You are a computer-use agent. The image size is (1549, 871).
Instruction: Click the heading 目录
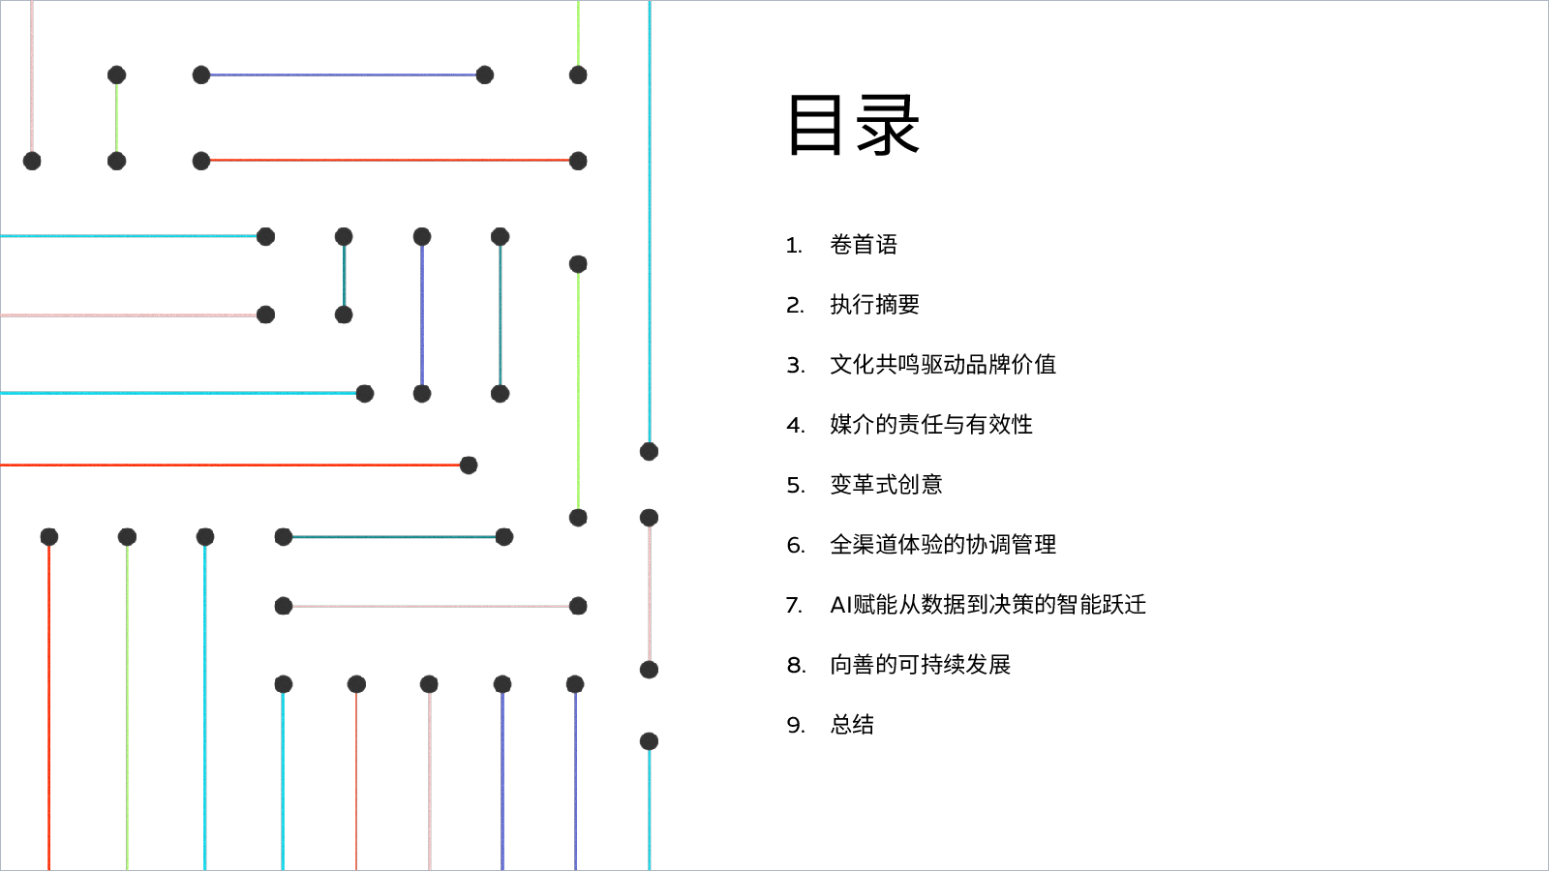(x=853, y=125)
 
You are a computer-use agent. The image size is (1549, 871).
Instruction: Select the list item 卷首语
(x=864, y=245)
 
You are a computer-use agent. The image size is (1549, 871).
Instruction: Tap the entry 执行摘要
(x=875, y=305)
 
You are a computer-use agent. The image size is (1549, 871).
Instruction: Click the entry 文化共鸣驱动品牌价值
(x=943, y=365)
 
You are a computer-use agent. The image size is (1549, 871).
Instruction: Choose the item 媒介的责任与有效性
(x=931, y=425)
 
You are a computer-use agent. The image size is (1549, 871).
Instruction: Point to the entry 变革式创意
(x=886, y=485)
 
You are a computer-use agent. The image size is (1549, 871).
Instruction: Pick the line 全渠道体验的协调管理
(x=943, y=545)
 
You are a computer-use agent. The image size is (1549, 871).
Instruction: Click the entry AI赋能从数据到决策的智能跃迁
(x=988, y=605)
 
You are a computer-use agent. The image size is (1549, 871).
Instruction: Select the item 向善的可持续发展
(x=921, y=665)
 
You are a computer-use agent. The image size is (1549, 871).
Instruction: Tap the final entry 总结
(x=852, y=725)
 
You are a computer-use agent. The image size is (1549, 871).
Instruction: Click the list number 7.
(x=795, y=606)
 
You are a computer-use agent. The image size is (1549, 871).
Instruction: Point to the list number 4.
(x=795, y=425)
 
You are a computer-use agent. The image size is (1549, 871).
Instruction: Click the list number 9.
(x=796, y=725)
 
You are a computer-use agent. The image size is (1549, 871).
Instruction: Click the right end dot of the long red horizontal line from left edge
(x=469, y=466)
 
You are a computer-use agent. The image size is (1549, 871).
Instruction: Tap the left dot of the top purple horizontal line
(x=201, y=75)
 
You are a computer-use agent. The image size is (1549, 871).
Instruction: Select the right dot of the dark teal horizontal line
(x=504, y=537)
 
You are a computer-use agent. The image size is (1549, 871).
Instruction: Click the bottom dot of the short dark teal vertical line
(x=344, y=315)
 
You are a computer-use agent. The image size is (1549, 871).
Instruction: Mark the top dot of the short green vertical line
(x=117, y=75)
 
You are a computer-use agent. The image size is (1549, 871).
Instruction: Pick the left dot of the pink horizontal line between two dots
(x=284, y=606)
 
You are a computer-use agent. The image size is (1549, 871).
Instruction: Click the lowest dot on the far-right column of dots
(x=649, y=741)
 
